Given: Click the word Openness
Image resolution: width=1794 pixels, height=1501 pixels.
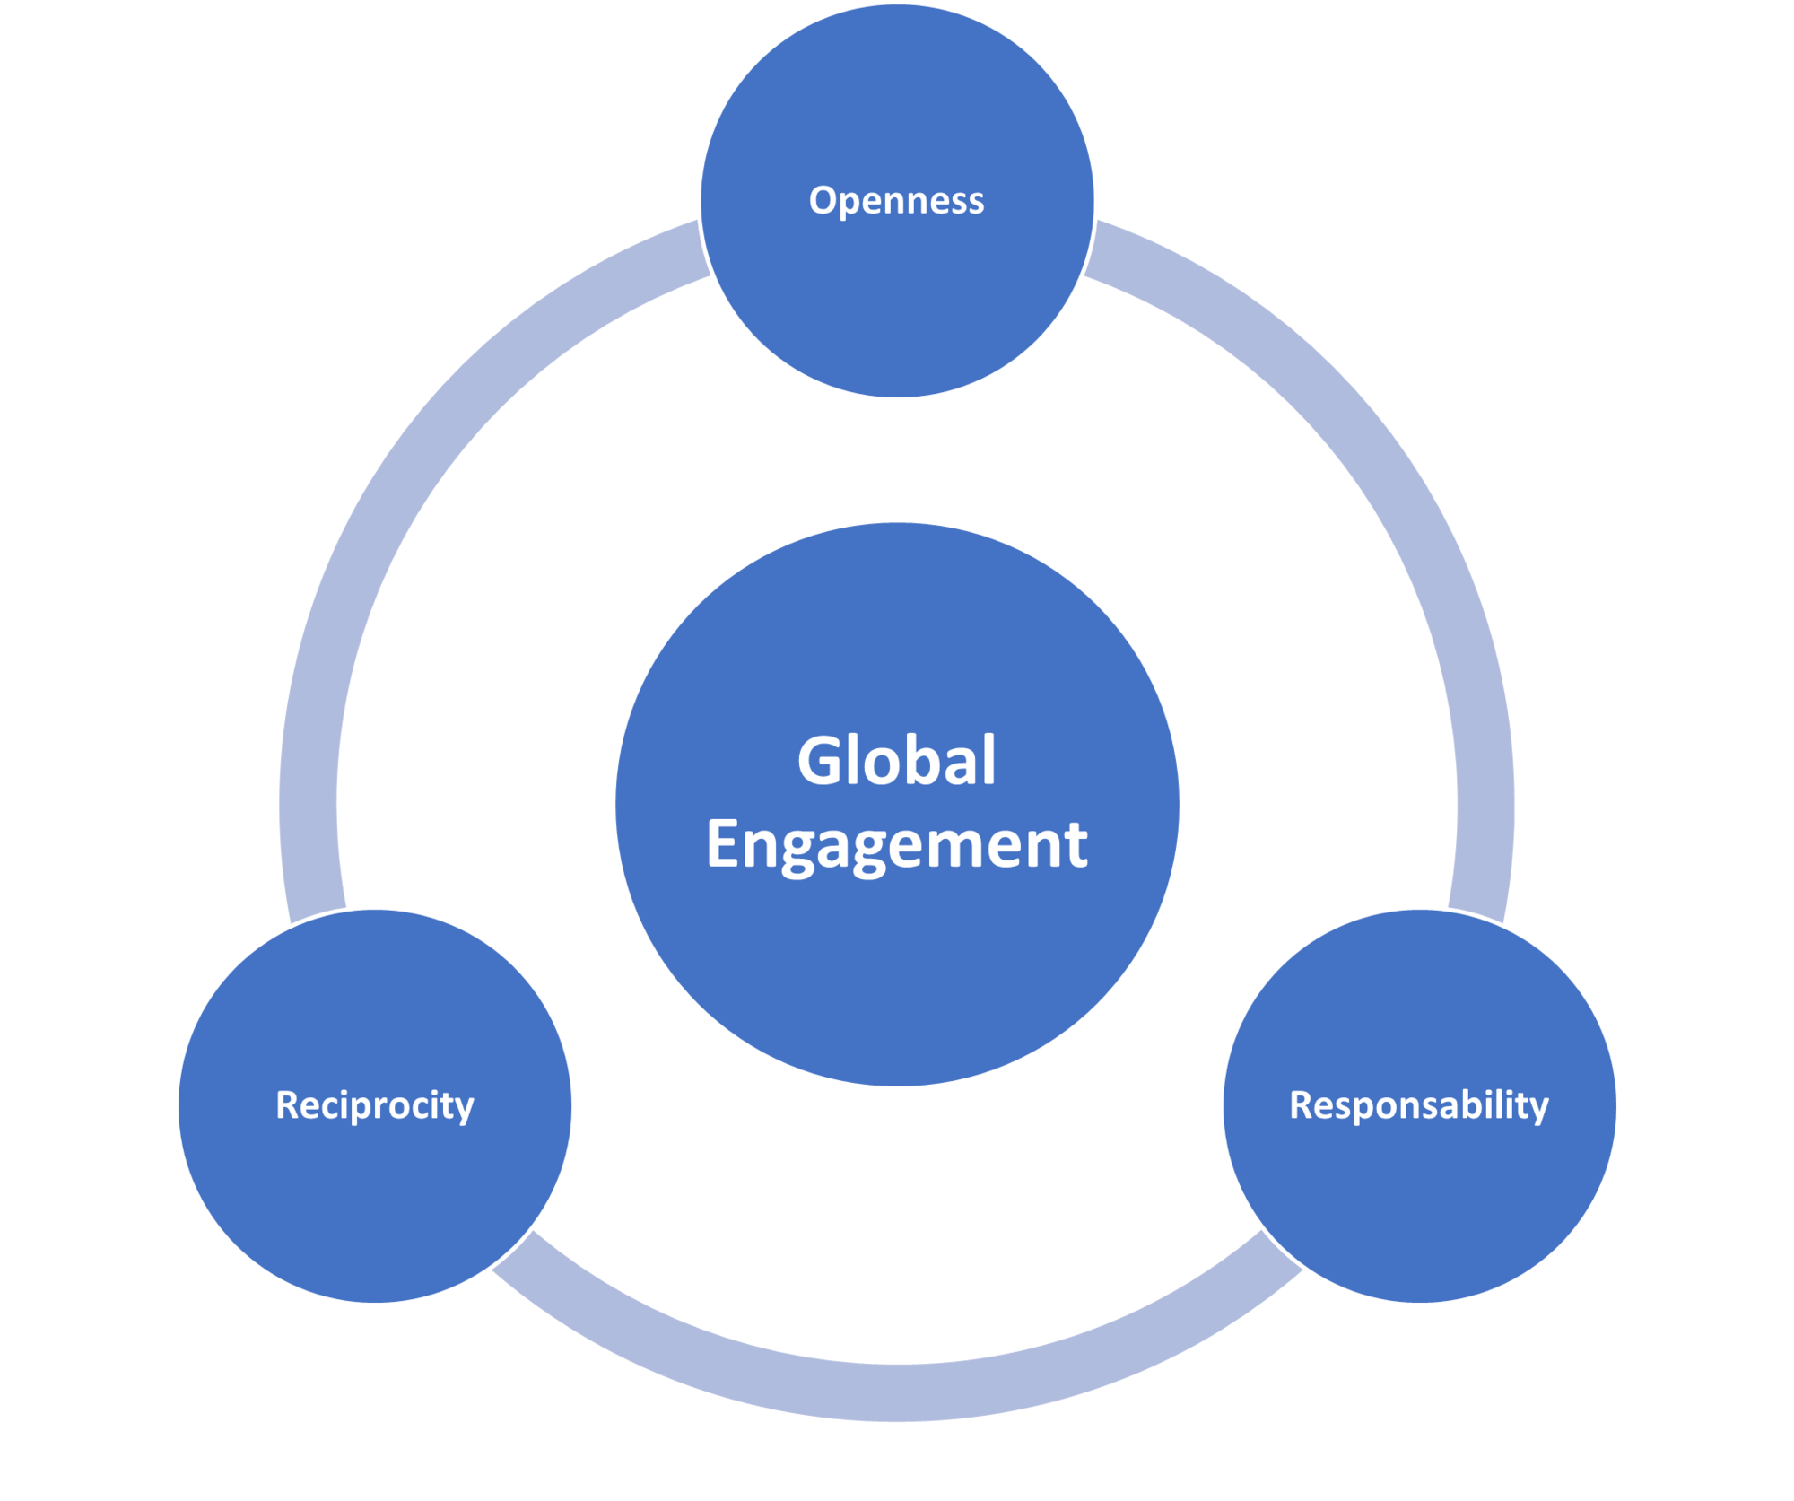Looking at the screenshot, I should point(896,200).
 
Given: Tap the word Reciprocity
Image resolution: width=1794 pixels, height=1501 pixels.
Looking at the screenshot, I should point(375,1104).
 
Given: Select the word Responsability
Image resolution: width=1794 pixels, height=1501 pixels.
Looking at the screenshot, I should point(1418,1104).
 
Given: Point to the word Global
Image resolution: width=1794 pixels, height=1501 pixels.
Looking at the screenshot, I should point(896,760).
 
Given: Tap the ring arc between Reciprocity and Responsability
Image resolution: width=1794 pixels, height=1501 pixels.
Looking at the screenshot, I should point(897,1391).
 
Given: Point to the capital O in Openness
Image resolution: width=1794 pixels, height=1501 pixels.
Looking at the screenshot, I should point(823,200).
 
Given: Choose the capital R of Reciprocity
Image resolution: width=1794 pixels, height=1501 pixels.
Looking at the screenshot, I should point(287,1104).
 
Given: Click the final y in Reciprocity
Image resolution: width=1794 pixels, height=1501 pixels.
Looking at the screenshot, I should point(465,1109).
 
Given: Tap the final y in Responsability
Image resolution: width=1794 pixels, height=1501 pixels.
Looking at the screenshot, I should point(1539,1109).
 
